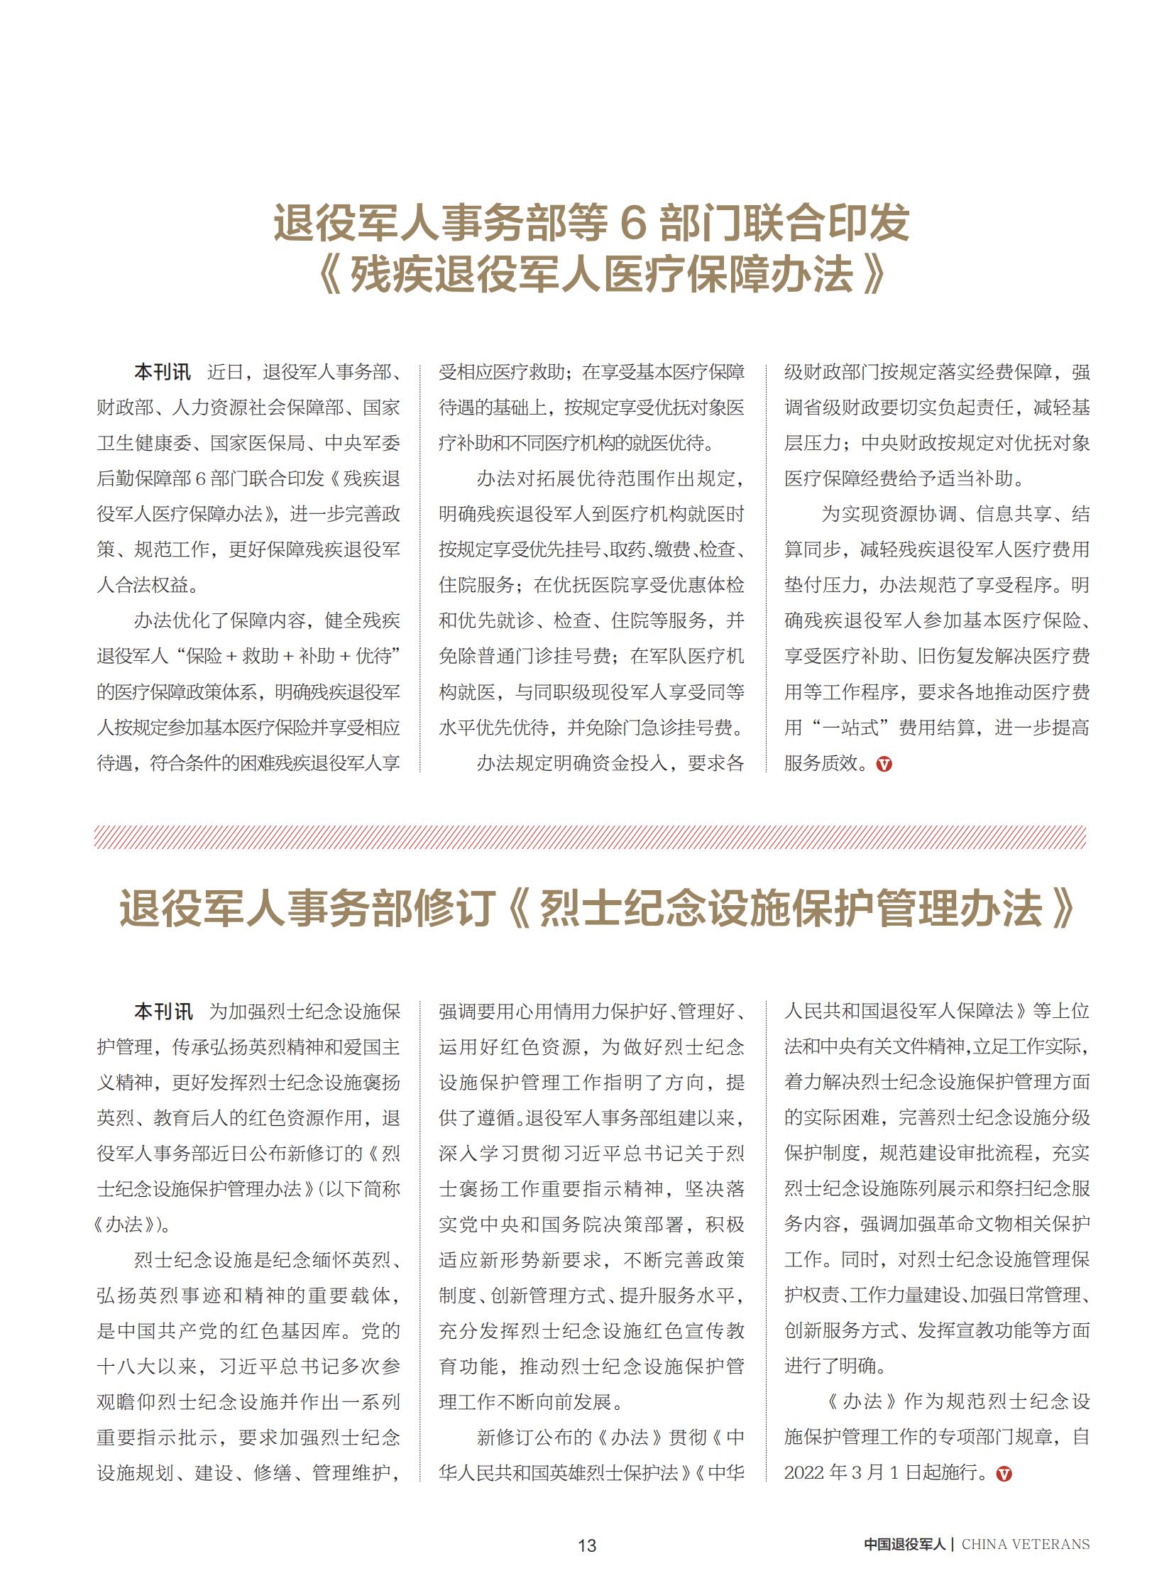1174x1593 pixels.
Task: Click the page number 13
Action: coord(586,1545)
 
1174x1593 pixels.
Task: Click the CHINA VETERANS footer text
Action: coord(1025,1544)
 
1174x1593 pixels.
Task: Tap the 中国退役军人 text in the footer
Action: coord(904,1544)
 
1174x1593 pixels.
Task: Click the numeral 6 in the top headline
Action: coord(632,222)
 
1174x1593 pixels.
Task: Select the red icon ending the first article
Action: coord(884,764)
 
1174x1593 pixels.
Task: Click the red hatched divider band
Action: coord(590,837)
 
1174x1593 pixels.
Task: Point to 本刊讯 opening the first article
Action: coord(162,372)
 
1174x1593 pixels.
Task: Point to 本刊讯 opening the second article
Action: coord(163,1011)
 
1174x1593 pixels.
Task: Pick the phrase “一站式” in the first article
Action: coord(855,727)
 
